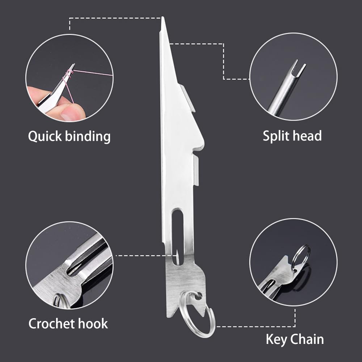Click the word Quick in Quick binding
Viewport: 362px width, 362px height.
[x=45, y=136]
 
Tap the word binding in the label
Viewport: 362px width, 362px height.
[x=88, y=136]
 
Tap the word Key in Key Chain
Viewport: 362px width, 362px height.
[x=276, y=340]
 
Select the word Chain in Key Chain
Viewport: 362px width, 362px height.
[x=307, y=339]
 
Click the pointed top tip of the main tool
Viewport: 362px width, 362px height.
[x=163, y=17]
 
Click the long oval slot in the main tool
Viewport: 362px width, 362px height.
[x=177, y=237]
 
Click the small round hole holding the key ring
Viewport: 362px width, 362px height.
[x=198, y=296]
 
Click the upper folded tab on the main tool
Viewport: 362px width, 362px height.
[x=188, y=98]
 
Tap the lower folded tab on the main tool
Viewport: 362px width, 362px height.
[x=196, y=170]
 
